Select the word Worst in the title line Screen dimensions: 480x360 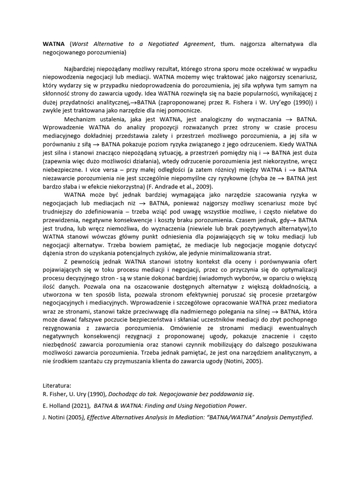[81, 44]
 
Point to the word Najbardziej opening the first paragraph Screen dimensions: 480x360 [81, 68]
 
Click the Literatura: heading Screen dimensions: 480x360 [58, 386]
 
